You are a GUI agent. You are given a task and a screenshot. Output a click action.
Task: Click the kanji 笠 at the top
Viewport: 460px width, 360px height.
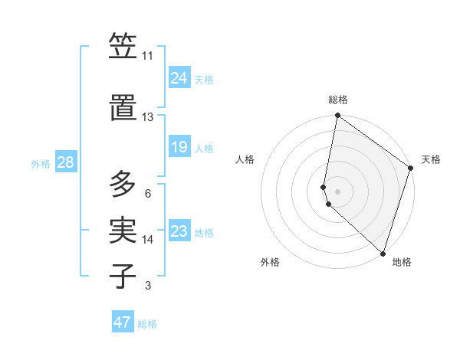(x=123, y=47)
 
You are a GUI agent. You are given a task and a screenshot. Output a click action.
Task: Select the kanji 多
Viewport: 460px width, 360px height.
(x=123, y=184)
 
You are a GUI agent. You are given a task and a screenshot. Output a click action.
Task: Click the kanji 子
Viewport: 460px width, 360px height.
(x=123, y=276)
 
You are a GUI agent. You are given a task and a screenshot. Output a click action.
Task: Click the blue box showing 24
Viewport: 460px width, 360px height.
(x=179, y=77)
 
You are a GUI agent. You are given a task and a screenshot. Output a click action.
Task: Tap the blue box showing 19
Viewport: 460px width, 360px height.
(x=179, y=147)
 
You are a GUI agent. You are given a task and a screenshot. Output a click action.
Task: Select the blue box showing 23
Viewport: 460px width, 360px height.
(x=179, y=231)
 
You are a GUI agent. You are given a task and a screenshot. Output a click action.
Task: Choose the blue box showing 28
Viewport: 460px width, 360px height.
(x=64, y=162)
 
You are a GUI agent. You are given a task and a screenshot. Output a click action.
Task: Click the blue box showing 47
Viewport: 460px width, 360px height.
(x=123, y=322)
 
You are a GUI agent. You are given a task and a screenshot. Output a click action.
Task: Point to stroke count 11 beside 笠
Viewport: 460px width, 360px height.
(x=147, y=56)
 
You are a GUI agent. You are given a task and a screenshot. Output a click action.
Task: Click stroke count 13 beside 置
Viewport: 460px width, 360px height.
(x=147, y=116)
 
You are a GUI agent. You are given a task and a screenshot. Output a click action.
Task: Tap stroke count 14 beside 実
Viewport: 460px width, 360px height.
(x=148, y=239)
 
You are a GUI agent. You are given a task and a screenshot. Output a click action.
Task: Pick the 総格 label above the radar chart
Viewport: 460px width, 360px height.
(x=338, y=100)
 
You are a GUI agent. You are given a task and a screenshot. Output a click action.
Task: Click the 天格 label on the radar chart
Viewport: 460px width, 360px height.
(x=431, y=159)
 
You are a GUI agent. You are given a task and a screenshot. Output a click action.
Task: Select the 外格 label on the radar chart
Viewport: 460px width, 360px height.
(x=270, y=262)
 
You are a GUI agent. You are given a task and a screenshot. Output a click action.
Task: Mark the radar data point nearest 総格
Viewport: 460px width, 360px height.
(x=337, y=116)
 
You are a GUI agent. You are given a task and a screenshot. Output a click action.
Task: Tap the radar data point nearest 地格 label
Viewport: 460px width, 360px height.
(x=383, y=253)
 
